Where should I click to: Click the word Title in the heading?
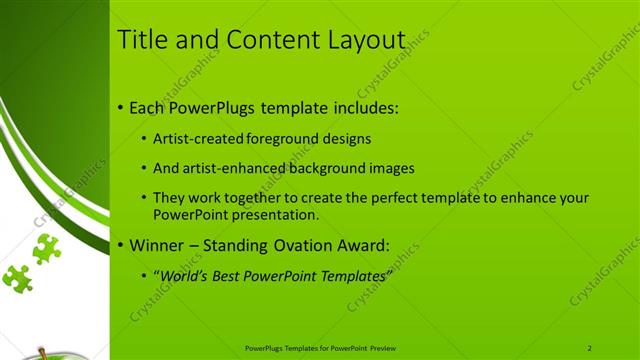coord(144,41)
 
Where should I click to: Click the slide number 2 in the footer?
coord(590,347)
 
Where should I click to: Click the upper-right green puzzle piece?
coord(47,249)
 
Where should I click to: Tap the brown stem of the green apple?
coord(41,352)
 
